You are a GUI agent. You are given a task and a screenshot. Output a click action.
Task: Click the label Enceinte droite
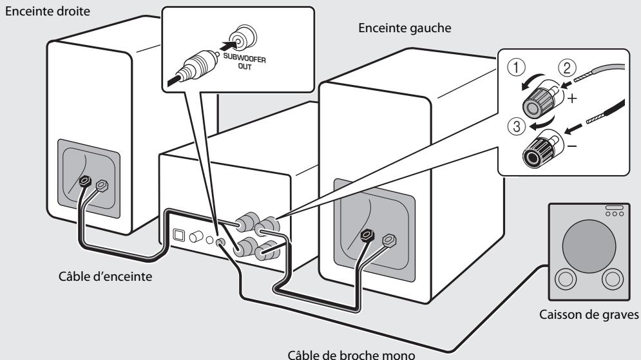pyautogui.click(x=48, y=11)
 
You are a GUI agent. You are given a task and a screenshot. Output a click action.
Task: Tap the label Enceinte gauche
pyautogui.click(x=405, y=28)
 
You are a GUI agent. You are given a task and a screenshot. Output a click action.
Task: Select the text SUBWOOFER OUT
pyautogui.click(x=244, y=61)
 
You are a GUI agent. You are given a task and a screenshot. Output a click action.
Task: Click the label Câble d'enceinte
pyautogui.click(x=106, y=277)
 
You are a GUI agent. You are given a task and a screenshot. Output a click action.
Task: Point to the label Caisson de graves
pyautogui.click(x=589, y=315)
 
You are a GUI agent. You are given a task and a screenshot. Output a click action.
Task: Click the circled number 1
pyautogui.click(x=516, y=68)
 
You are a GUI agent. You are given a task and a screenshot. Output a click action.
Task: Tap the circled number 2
pyautogui.click(x=567, y=68)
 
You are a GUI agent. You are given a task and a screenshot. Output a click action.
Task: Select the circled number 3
pyautogui.click(x=516, y=126)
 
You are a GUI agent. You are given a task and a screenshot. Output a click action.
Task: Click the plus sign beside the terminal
pyautogui.click(x=572, y=99)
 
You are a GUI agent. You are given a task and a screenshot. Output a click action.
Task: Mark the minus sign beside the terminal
pyautogui.click(x=572, y=146)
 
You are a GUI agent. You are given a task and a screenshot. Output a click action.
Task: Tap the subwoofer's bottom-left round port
pyautogui.click(x=566, y=279)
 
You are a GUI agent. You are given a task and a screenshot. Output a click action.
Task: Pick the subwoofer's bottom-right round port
pyautogui.click(x=613, y=279)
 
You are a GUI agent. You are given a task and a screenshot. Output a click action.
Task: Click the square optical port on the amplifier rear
pyautogui.click(x=179, y=235)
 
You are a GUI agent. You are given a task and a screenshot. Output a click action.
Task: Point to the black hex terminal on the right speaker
pyautogui.click(x=85, y=180)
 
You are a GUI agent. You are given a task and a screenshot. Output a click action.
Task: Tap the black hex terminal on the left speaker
pyautogui.click(x=367, y=234)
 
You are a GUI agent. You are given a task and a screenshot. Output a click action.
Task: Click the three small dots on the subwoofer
pyautogui.click(x=615, y=214)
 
